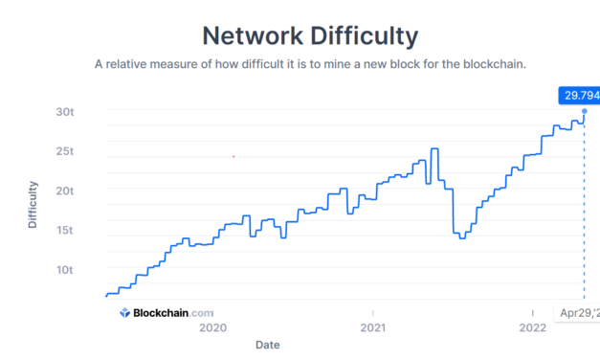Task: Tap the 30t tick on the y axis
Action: click(64, 111)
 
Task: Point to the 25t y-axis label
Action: click(64, 151)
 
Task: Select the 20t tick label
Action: click(64, 191)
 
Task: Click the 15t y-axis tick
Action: click(64, 230)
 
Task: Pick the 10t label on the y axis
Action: click(64, 269)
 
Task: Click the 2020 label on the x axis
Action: click(211, 327)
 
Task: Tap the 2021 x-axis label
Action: click(371, 327)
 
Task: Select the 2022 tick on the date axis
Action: click(531, 327)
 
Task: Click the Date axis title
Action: click(268, 344)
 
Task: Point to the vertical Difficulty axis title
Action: click(33, 204)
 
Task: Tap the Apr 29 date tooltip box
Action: click(578, 312)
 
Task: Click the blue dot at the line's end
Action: click(584, 111)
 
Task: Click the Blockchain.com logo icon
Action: click(124, 312)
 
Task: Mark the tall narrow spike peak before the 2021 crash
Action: click(434, 149)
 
